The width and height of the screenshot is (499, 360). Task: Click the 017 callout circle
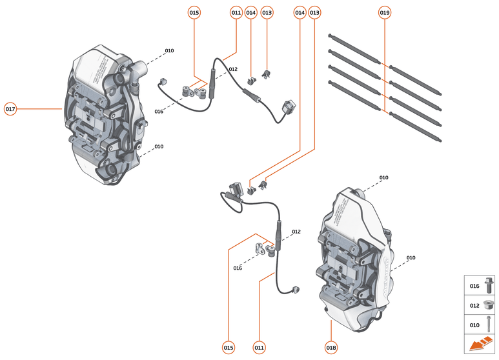point(10,109)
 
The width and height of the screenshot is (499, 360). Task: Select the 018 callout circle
point(331,348)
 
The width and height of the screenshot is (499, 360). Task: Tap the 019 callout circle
point(385,12)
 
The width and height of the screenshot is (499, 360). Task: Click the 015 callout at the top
point(194,12)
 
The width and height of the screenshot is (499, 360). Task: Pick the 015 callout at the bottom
point(229,348)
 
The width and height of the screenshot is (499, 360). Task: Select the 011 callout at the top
point(236,12)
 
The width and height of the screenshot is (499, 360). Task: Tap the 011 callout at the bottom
point(259,348)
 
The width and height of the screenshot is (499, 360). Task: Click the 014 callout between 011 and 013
point(251,12)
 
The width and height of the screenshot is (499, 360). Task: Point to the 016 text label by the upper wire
point(159,112)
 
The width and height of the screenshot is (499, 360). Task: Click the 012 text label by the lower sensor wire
point(296,232)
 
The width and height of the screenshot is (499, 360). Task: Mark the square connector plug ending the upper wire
point(288,106)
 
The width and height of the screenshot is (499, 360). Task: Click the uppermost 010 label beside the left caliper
point(169,50)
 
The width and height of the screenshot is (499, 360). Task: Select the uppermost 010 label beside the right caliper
point(383,177)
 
